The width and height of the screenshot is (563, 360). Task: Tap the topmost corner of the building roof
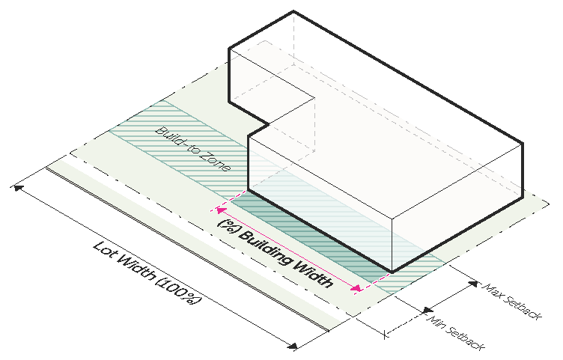pyautogui.click(x=293, y=11)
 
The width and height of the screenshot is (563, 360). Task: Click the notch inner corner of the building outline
pyautogui.click(x=267, y=123)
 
